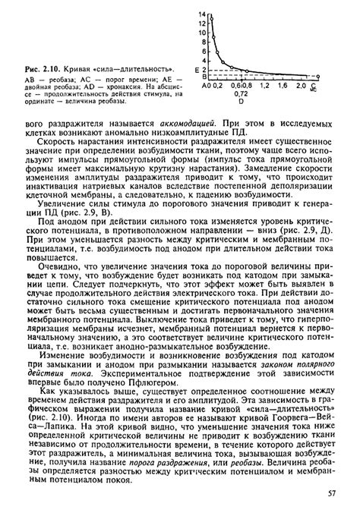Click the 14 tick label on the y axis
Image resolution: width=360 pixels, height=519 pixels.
[203, 15]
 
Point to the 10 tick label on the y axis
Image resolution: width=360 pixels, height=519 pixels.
[203, 33]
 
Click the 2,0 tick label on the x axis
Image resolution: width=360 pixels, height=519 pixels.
[302, 86]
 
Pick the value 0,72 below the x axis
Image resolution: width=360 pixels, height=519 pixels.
[241, 93]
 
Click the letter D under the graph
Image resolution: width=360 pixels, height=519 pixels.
[241, 100]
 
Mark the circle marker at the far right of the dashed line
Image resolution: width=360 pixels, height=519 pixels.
[317, 77]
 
